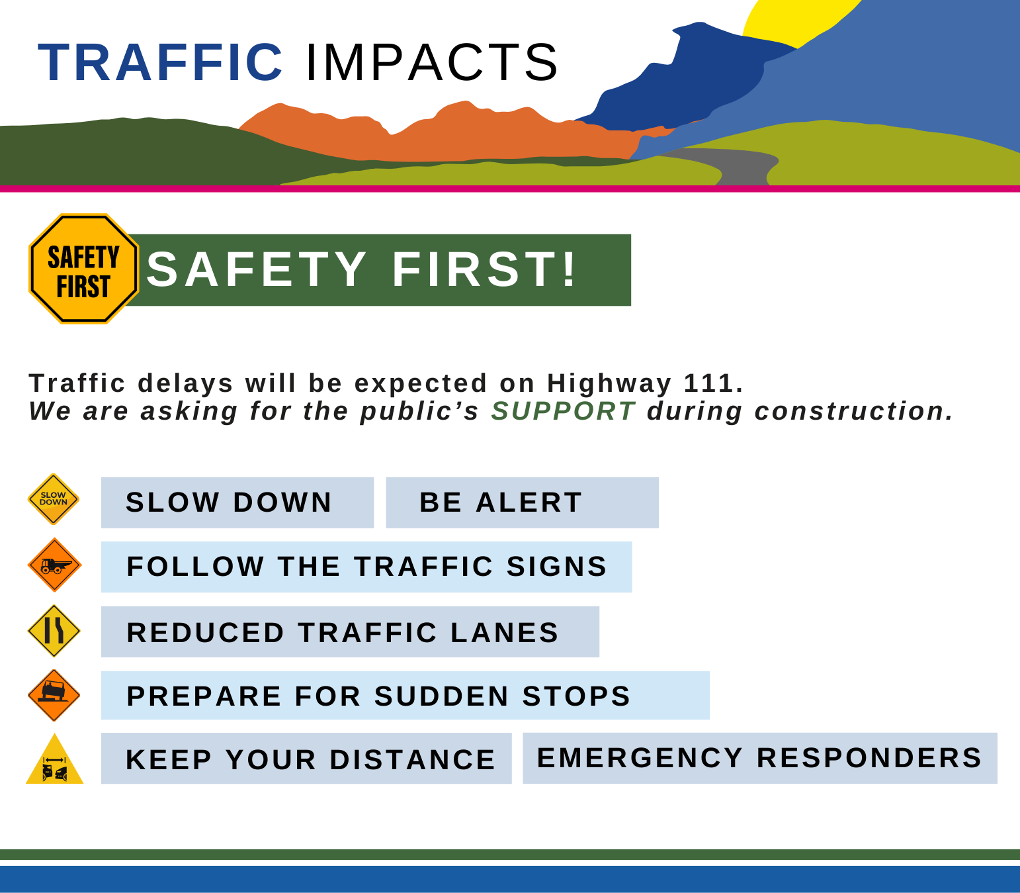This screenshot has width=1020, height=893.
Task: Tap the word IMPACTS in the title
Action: pyautogui.click(x=432, y=63)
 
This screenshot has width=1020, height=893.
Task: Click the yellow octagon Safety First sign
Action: pyautogui.click(x=83, y=269)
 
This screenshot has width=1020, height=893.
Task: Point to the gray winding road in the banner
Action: pyautogui.click(x=738, y=165)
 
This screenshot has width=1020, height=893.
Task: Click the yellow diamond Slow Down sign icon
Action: pyautogui.click(x=54, y=499)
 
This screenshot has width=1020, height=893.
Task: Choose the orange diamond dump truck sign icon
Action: pyautogui.click(x=54, y=565)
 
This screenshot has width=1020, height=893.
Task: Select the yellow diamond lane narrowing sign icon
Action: pyautogui.click(x=54, y=631)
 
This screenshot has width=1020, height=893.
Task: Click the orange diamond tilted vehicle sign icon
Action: pyautogui.click(x=54, y=696)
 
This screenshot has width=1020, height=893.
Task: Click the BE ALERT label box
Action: pyautogui.click(x=523, y=502)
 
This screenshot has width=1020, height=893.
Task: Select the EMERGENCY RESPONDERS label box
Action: pyautogui.click(x=760, y=758)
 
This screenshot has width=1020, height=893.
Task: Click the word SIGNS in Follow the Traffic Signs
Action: pyautogui.click(x=557, y=567)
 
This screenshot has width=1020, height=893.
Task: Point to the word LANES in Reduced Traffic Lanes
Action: pyautogui.click(x=505, y=633)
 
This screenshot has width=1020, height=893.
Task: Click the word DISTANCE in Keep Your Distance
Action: pyautogui.click(x=412, y=760)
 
